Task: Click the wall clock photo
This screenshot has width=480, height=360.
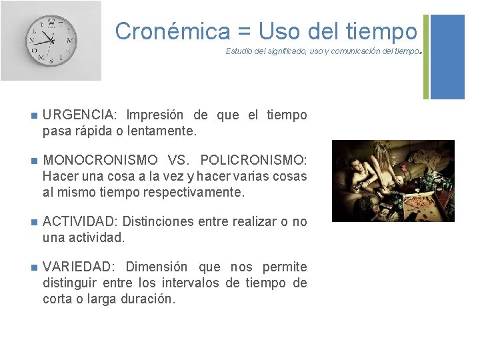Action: (x=51, y=41)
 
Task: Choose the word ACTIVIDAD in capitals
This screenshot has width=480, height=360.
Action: (x=80, y=221)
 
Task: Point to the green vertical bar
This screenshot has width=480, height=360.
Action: (x=426, y=57)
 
